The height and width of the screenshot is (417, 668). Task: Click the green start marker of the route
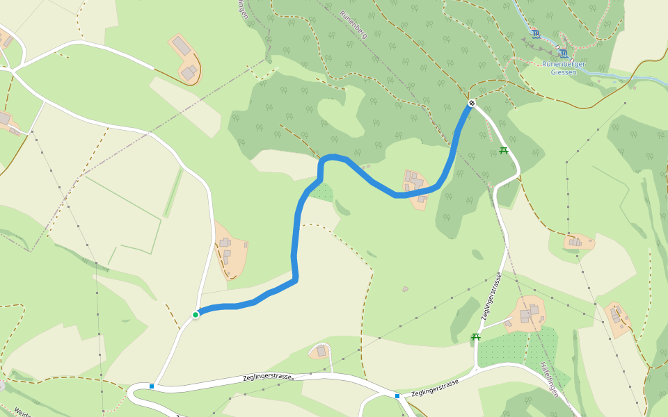tap(196, 315)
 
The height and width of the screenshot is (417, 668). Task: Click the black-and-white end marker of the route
tap(472, 104)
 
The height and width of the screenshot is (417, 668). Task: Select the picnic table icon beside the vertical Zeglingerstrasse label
tap(476, 337)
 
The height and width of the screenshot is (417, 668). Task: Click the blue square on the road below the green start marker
tap(152, 386)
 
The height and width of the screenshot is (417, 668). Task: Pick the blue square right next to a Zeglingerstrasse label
tap(397, 396)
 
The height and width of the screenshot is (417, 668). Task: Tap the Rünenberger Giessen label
tap(564, 68)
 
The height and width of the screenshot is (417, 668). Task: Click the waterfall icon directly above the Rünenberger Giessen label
tap(562, 53)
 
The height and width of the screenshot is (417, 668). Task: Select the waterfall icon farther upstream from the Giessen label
tap(535, 33)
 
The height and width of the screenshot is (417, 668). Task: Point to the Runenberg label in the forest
tap(353, 24)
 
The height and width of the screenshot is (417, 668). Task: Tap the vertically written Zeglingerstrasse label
tap(493, 299)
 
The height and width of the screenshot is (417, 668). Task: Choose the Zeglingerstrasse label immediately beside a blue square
tap(435, 388)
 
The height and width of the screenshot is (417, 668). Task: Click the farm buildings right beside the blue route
tap(415, 184)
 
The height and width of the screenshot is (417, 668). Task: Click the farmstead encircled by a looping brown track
tap(186, 59)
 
